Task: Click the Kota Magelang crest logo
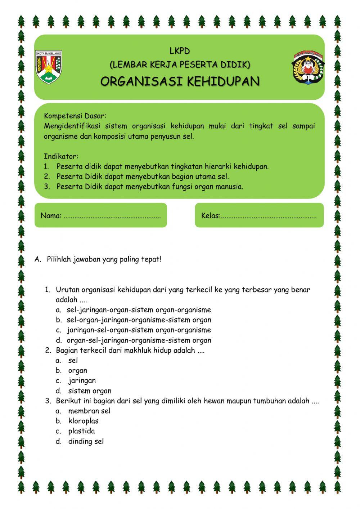pos(49,67)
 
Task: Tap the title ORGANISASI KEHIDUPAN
pos(180,82)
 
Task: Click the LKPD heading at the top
pos(180,51)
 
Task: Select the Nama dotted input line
pos(112,216)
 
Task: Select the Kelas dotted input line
pos(269,216)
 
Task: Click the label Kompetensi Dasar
pos(75,116)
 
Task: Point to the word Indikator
pos(61,156)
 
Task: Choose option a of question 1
pos(139,310)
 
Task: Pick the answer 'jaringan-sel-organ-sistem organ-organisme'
pos(139,330)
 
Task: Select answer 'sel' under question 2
pos(73,360)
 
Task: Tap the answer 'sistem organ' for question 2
pos(90,390)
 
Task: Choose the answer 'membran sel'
pos(89,411)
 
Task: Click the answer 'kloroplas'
pos(83,421)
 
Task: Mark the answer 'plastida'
pos(81,431)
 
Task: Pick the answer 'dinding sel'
pos(86,441)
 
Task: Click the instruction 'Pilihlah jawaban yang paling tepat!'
pos(104,259)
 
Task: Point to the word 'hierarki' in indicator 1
pos(218,167)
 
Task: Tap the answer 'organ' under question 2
pos(78,370)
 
